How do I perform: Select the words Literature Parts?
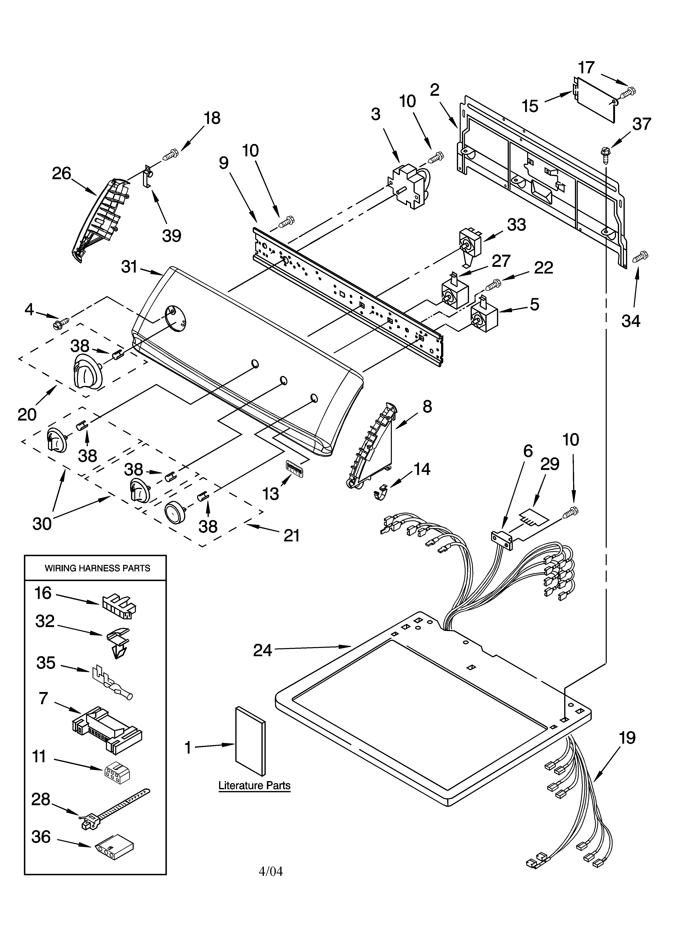(x=254, y=785)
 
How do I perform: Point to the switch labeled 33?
(x=470, y=244)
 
